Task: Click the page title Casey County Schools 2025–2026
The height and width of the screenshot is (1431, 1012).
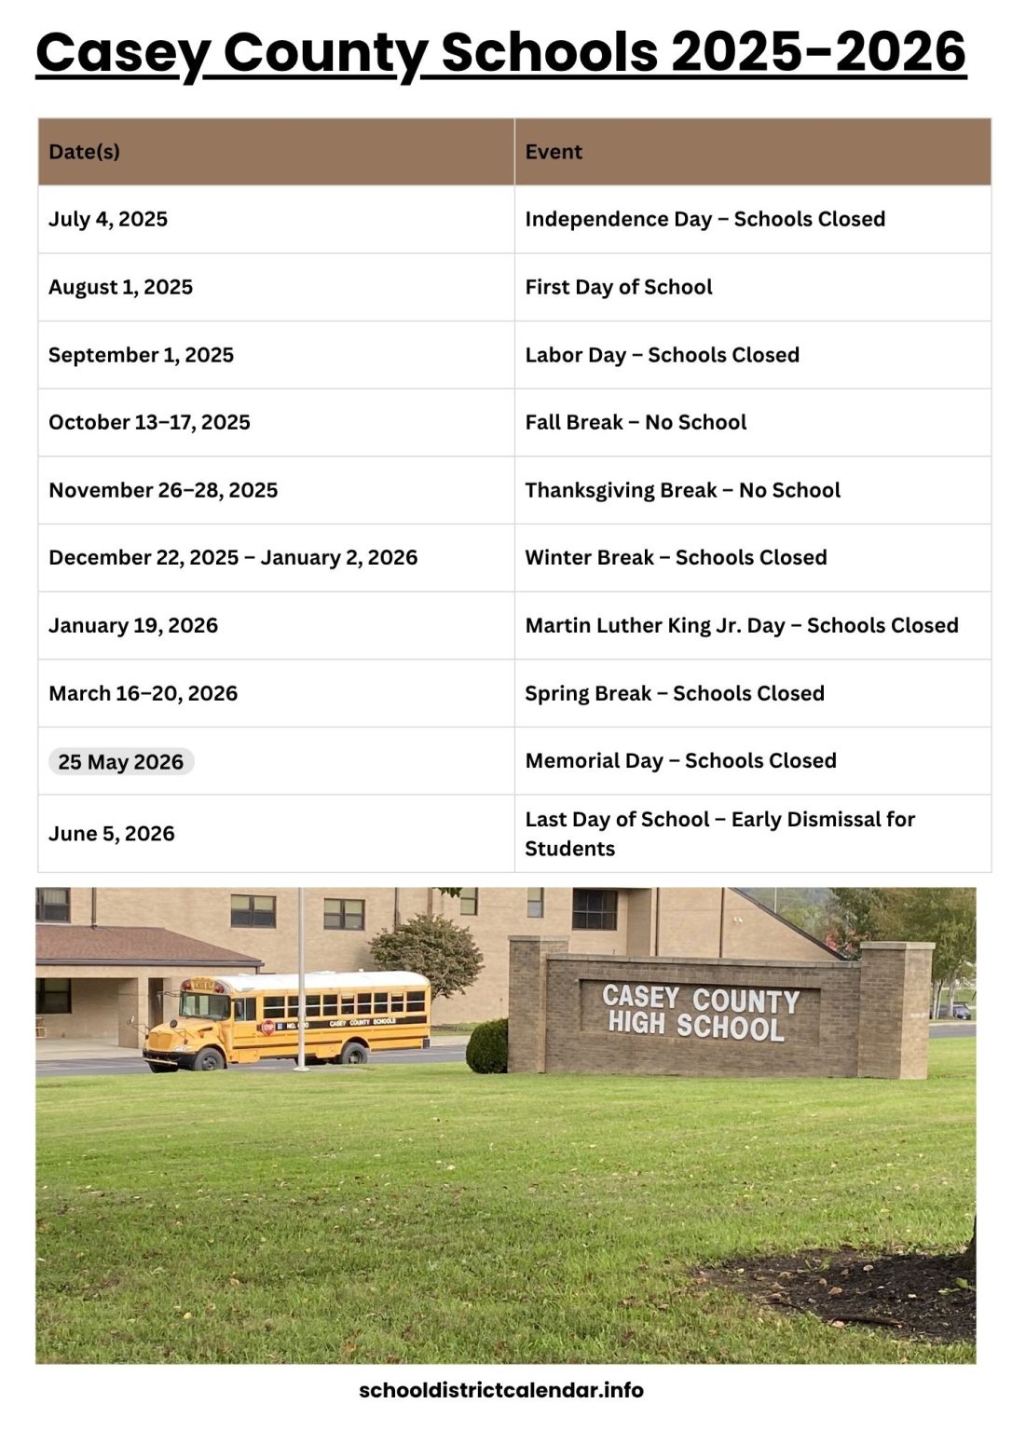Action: pyautogui.click(x=500, y=52)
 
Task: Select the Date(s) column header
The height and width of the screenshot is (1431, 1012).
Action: pyautogui.click(x=84, y=152)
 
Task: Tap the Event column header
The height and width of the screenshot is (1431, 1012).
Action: pyautogui.click(x=554, y=152)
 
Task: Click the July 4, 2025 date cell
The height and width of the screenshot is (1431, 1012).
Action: pyautogui.click(x=108, y=219)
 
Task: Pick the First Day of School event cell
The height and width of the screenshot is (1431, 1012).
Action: pyautogui.click(x=618, y=287)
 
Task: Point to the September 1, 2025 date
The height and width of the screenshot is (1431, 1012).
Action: pyautogui.click(x=141, y=355)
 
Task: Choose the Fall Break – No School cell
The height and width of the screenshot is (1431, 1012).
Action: pyautogui.click(x=636, y=422)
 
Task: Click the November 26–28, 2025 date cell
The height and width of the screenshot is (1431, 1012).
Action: pyautogui.click(x=163, y=490)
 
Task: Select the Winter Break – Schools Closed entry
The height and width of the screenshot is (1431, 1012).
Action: pyautogui.click(x=676, y=557)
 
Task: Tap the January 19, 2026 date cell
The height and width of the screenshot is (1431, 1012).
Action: pyautogui.click(x=133, y=625)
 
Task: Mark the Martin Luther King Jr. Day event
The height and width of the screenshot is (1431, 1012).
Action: pyautogui.click(x=741, y=625)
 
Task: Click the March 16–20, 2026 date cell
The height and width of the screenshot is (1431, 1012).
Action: pyautogui.click(x=143, y=693)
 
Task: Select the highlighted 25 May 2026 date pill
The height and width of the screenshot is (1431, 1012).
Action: pyautogui.click(x=121, y=762)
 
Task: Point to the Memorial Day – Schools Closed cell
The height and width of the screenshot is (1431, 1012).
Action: pyautogui.click(x=680, y=760)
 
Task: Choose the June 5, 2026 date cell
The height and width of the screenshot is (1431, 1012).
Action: pyautogui.click(x=112, y=834)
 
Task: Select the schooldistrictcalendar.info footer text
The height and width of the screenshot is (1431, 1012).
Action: pyautogui.click(x=500, y=1390)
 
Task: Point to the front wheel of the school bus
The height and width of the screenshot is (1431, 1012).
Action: pyautogui.click(x=207, y=1059)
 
